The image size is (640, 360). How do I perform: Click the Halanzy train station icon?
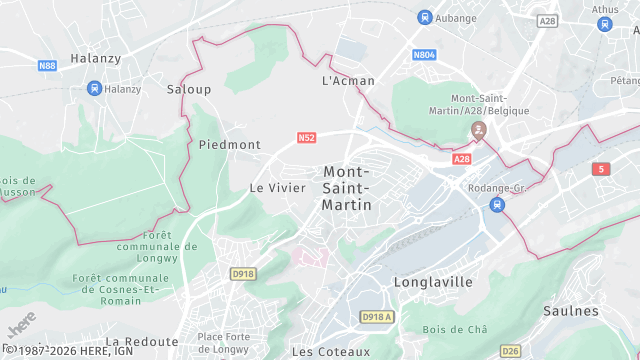click(x=94, y=88)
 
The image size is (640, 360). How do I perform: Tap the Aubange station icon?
click(x=425, y=17)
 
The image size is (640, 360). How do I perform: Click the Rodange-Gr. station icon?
click(x=497, y=204)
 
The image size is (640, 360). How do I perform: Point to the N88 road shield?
click(x=47, y=66)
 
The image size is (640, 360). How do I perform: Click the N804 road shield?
click(x=425, y=55)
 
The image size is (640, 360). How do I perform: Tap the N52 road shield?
click(x=306, y=138)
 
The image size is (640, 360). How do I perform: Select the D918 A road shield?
click(x=377, y=317)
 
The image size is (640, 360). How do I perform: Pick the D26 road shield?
click(x=511, y=350)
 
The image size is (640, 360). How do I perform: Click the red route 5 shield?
click(x=600, y=170)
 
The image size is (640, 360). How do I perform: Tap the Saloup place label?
click(x=189, y=89)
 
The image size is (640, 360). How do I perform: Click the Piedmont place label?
click(x=229, y=145)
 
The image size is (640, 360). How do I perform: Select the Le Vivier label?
click(x=277, y=188)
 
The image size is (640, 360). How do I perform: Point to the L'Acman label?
click(x=348, y=80)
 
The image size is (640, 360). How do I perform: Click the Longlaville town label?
click(x=433, y=282)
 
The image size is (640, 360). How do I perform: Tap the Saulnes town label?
click(x=571, y=311)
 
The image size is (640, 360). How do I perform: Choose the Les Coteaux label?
click(x=330, y=352)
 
